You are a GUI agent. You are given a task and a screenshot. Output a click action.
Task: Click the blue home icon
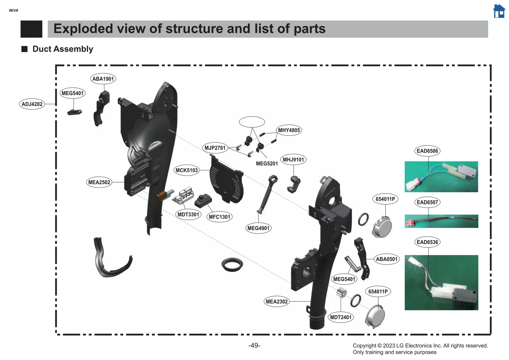point(499,11)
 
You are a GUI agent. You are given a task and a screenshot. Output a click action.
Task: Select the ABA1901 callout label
point(103,79)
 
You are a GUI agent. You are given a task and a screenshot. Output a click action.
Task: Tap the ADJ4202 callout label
point(32,104)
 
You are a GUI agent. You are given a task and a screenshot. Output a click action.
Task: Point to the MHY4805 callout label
point(289,130)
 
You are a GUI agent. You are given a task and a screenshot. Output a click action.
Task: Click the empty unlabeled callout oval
point(252,122)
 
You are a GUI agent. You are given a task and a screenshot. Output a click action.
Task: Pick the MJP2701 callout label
point(215,148)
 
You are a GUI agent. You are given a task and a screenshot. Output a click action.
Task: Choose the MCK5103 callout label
point(187,170)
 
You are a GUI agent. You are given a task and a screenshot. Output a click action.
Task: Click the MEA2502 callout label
point(99,182)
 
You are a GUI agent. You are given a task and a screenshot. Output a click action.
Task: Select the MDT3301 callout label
point(188,215)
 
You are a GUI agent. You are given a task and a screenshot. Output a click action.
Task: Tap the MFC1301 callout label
point(219,217)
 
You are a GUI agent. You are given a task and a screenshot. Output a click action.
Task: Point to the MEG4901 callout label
point(258,228)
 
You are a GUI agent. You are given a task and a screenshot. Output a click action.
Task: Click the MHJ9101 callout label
point(293,160)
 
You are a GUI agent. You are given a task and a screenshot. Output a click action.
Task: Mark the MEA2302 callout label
point(277,301)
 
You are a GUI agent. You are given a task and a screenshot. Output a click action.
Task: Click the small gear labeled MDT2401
point(341,292)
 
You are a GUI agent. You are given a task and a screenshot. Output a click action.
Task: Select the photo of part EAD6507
point(441,221)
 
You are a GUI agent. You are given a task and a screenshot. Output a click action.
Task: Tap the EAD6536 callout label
point(427,242)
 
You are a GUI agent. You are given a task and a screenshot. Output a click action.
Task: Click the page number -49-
point(254,346)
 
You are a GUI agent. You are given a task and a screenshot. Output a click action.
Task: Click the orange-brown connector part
point(161,196)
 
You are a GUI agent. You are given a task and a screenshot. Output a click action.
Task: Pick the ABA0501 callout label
point(387,259)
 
